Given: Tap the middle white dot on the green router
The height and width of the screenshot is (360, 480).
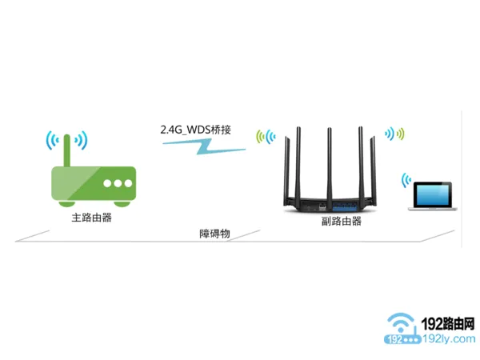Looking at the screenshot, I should [117, 183].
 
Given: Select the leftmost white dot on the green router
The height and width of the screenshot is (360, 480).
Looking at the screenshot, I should [106, 183].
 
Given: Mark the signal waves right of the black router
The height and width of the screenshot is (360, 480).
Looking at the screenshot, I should [395, 132].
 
